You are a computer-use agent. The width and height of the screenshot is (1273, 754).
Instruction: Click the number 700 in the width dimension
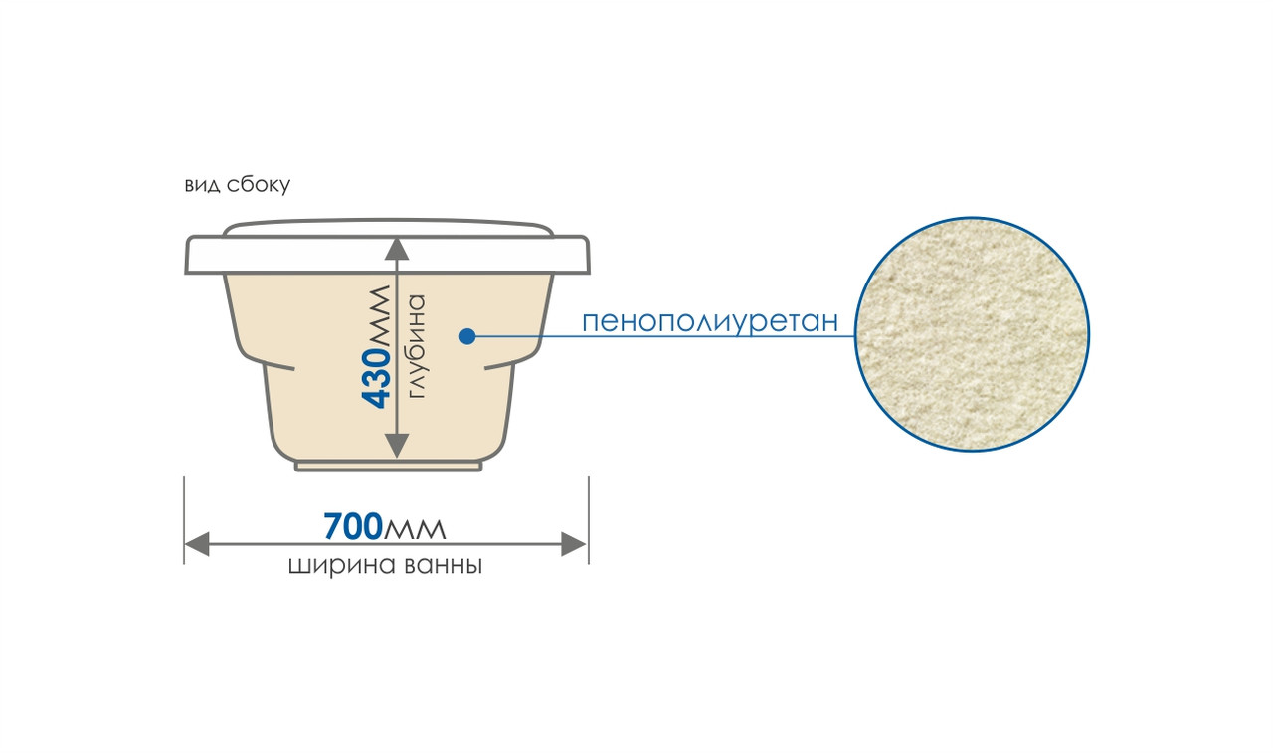tap(353, 526)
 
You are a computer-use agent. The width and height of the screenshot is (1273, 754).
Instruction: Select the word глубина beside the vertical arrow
tap(417, 346)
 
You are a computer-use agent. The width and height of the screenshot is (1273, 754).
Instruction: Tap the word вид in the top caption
tap(202, 185)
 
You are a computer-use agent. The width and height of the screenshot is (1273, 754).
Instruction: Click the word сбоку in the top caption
tap(259, 185)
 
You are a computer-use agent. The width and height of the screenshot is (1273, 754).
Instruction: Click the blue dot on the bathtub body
tap(467, 336)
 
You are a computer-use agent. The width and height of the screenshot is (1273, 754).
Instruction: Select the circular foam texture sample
tap(972, 334)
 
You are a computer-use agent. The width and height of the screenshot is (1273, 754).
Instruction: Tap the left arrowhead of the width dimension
tap(197, 544)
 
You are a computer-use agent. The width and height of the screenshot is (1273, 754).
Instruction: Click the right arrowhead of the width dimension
tap(574, 544)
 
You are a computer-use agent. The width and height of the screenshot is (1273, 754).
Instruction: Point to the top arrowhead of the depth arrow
tap(397, 249)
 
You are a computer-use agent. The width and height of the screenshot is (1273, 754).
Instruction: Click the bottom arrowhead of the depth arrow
tap(397, 446)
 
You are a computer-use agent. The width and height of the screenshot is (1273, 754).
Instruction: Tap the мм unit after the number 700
tap(415, 529)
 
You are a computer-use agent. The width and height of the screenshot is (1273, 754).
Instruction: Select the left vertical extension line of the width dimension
tap(184, 520)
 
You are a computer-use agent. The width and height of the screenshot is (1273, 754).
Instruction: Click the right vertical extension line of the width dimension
tap(589, 520)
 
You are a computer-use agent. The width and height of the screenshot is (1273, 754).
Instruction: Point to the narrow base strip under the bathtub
tap(389, 467)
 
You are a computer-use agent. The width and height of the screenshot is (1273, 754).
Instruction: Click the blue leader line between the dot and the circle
tap(665, 336)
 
